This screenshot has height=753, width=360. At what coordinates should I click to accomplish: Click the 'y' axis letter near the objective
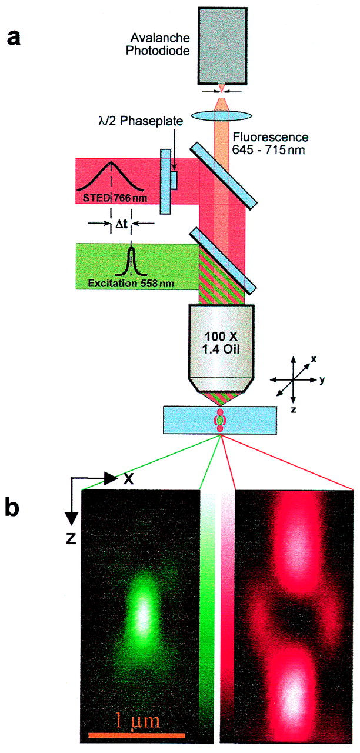pyautogui.click(x=322, y=381)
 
